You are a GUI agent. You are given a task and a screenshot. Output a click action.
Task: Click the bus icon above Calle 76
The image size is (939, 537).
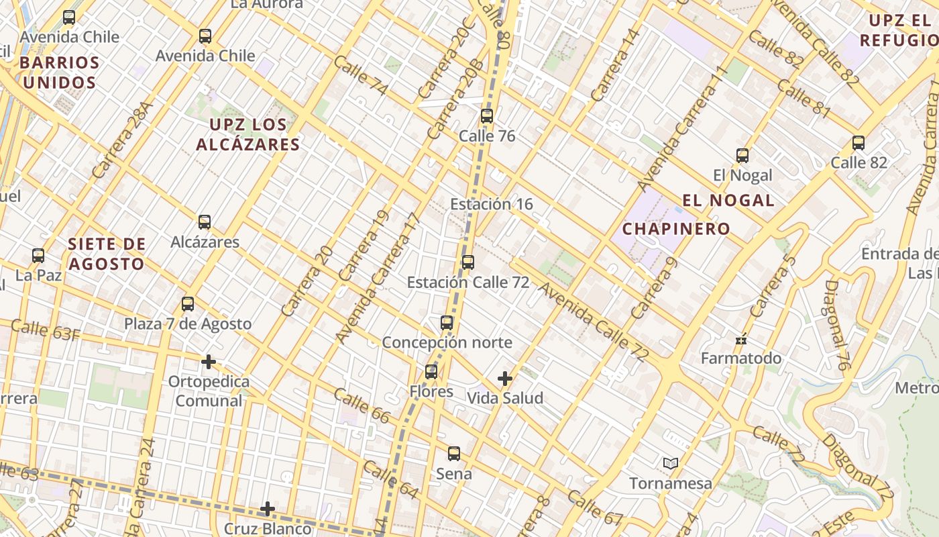coord(487,116)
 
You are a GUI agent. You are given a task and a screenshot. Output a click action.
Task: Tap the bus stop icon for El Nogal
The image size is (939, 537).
coord(742,156)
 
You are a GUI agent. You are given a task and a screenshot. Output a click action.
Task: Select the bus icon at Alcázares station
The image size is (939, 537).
coord(205,222)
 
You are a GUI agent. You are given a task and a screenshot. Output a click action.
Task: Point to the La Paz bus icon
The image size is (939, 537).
coord(38,256)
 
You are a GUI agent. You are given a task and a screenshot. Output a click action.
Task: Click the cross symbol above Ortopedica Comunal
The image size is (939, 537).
coord(209,362)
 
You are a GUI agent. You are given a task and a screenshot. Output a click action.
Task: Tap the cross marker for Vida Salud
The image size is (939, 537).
coord(505,379)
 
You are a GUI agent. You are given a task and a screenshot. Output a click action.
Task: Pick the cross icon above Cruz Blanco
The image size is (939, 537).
coord(268,509)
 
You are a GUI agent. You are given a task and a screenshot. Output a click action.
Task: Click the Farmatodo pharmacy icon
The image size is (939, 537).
coord(741,340)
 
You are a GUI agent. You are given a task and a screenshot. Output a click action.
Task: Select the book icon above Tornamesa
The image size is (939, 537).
coord(670,463)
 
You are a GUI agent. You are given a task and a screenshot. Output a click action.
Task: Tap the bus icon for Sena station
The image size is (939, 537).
coord(454,454)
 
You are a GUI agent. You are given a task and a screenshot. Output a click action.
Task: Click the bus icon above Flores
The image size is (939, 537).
coord(431,371)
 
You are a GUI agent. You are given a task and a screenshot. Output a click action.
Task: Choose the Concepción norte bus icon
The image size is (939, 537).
coord(447,323)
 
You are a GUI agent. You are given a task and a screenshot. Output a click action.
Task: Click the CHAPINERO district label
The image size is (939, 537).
coord(676,229)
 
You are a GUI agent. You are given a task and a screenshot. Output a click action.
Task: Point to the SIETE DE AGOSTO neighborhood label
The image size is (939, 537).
coord(107,254)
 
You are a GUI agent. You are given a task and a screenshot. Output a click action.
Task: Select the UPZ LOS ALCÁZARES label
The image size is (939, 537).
coord(248,134)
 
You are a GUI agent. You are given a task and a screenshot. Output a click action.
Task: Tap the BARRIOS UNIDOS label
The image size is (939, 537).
coord(58,73)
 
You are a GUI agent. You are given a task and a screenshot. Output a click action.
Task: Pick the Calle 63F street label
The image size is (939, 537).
coord(45,330)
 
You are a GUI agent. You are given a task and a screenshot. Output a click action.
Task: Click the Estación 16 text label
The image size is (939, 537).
coord(492,204)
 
